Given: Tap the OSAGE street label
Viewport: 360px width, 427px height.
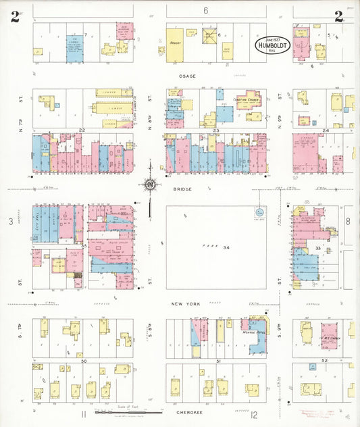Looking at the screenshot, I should click(187, 76).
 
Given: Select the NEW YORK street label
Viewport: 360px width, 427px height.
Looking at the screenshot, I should click(186, 304).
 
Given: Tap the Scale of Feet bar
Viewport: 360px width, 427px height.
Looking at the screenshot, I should click(128, 410).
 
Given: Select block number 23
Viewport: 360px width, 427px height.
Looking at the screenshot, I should click(216, 130).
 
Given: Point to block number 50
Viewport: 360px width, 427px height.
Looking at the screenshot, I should click(84, 361).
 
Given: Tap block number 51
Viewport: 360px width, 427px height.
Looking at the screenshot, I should click(217, 361).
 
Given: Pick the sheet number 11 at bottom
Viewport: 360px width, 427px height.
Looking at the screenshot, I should click(84, 413).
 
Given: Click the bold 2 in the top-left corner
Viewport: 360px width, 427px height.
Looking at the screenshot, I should click(14, 17).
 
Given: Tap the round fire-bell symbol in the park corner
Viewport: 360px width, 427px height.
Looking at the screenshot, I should click(259, 213).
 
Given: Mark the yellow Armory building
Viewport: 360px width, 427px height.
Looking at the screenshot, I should click(174, 45).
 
